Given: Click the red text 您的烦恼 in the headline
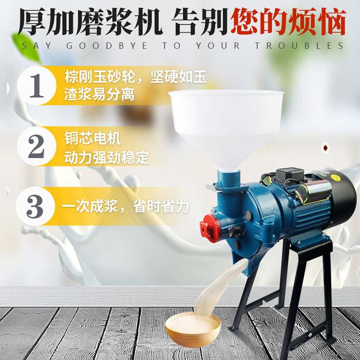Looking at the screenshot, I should pyautogui.click(x=288, y=21).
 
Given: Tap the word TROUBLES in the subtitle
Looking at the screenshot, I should pyautogui.click(x=299, y=45).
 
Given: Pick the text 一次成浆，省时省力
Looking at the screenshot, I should pyautogui.click(x=126, y=207).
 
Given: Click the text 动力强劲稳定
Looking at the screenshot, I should pyautogui.click(x=106, y=158).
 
